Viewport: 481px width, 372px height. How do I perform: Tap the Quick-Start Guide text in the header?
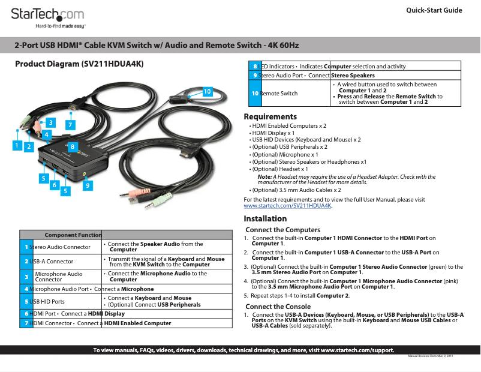click(x=434, y=10)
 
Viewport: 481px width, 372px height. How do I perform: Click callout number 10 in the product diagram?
click(x=207, y=91)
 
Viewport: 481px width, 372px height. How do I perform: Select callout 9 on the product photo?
click(x=88, y=186)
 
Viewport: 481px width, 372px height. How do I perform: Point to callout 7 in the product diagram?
click(x=70, y=125)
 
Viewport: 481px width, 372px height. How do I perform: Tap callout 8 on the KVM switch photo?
click(x=73, y=146)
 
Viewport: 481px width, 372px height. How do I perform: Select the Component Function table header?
click(x=73, y=235)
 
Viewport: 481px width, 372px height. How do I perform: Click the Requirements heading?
click(x=270, y=116)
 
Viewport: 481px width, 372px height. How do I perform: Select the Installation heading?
click(x=265, y=218)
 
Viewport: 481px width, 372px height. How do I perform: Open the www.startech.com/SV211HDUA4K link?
click(x=287, y=205)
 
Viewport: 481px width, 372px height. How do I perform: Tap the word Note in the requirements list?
click(x=264, y=177)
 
